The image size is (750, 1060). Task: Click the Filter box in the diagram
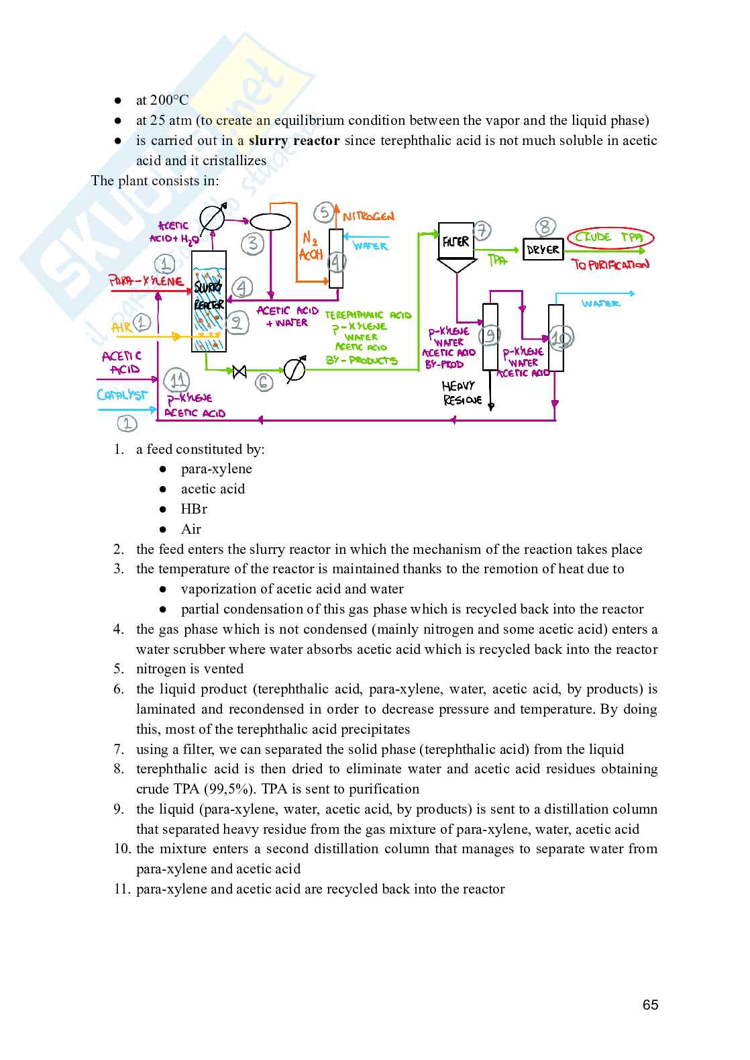coord(456,241)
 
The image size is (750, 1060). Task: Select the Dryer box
coord(543,249)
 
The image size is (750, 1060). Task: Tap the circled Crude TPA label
coord(610,238)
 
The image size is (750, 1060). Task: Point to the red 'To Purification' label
coord(610,264)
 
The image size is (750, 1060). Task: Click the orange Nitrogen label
coord(368,216)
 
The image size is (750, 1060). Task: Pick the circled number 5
coord(325,213)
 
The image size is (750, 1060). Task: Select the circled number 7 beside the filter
coord(482,231)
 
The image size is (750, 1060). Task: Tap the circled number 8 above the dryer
coord(545,227)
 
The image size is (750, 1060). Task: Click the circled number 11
coord(177,381)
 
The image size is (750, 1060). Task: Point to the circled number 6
coord(264,383)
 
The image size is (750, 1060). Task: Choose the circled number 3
coord(252,243)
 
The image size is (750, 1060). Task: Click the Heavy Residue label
coord(462,393)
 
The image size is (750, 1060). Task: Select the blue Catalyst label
coord(121,395)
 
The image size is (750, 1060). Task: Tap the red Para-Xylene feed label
coord(146,281)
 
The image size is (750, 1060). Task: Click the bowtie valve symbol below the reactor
coord(239,371)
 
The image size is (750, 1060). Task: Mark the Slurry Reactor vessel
coord(209,301)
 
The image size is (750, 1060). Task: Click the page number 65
coord(650,1005)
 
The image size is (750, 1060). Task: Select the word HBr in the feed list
coord(194,509)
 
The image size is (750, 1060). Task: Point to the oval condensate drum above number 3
coord(270,222)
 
